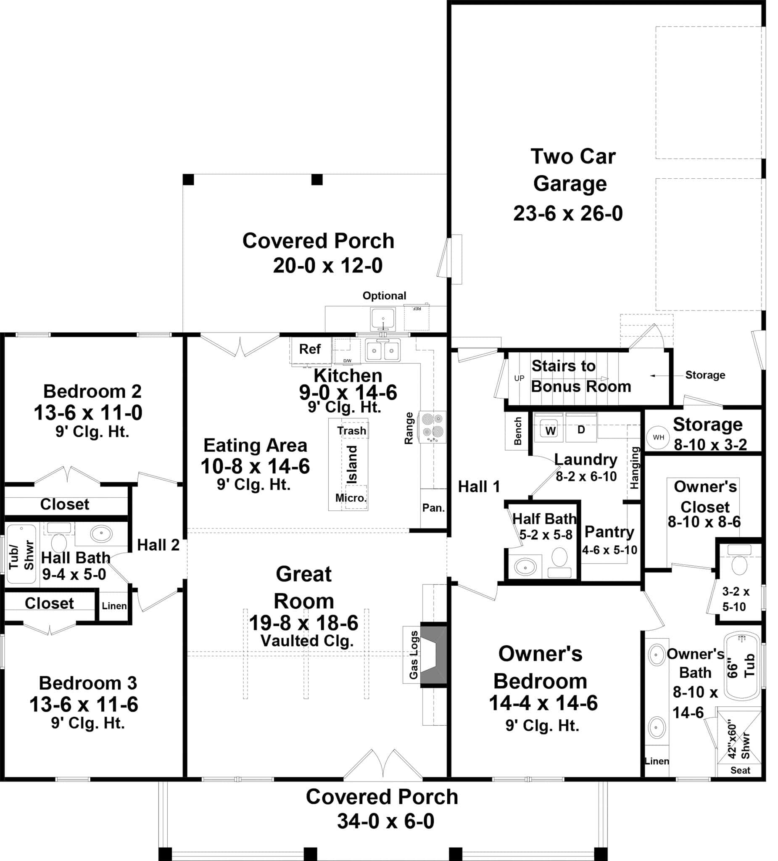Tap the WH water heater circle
tap(658, 437)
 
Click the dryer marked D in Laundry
tap(581, 429)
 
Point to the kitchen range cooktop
tap(432, 427)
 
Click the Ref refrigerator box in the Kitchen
tap(311, 349)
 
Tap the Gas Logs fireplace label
tap(413, 655)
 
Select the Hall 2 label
tap(158, 545)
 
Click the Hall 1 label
tap(478, 486)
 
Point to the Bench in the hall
tap(517, 431)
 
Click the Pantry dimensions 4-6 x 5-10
tap(609, 550)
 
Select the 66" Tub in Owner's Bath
tap(742, 667)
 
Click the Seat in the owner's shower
tap(740, 771)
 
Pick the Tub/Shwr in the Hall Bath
tap(21, 555)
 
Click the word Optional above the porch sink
tap(384, 296)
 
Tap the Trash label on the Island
tap(351, 430)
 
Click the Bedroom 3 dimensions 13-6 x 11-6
tap(84, 705)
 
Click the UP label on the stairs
tap(519, 378)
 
